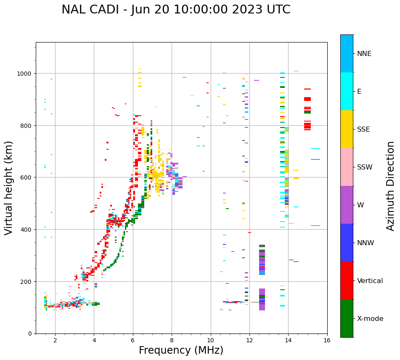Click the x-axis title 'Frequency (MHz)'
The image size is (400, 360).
(181, 350)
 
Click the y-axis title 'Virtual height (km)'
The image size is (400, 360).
(9, 188)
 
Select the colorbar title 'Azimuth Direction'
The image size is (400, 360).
(391, 186)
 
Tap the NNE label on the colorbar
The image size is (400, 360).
(364, 54)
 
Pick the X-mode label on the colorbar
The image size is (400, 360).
(370, 319)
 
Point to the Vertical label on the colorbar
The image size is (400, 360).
(370, 281)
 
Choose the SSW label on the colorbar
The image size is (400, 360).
(365, 167)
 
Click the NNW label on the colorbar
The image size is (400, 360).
(366, 243)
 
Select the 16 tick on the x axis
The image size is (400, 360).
(327, 341)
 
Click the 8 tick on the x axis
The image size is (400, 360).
(172, 341)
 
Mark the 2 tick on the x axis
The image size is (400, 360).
(55, 341)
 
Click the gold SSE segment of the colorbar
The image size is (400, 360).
(347, 129)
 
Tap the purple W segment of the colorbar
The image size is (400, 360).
(347, 205)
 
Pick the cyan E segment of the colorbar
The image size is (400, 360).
(347, 91)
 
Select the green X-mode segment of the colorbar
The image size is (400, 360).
(347, 318)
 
